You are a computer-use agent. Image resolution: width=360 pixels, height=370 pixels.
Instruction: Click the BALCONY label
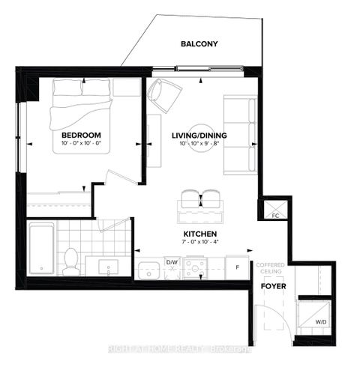pyautogui.click(x=199, y=44)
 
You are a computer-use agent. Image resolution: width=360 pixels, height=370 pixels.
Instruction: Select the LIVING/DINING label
pyautogui.click(x=199, y=136)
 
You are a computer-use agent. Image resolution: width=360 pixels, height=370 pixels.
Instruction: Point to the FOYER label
pyautogui.click(x=271, y=286)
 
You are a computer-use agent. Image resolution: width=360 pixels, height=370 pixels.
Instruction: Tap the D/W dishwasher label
pyautogui.click(x=172, y=262)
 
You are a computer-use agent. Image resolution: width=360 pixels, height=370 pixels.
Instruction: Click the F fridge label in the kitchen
pyautogui.click(x=237, y=266)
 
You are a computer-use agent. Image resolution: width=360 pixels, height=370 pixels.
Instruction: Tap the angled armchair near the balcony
pyautogui.click(x=165, y=96)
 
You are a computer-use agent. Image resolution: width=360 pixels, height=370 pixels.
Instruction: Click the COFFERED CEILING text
pyautogui.click(x=271, y=270)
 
